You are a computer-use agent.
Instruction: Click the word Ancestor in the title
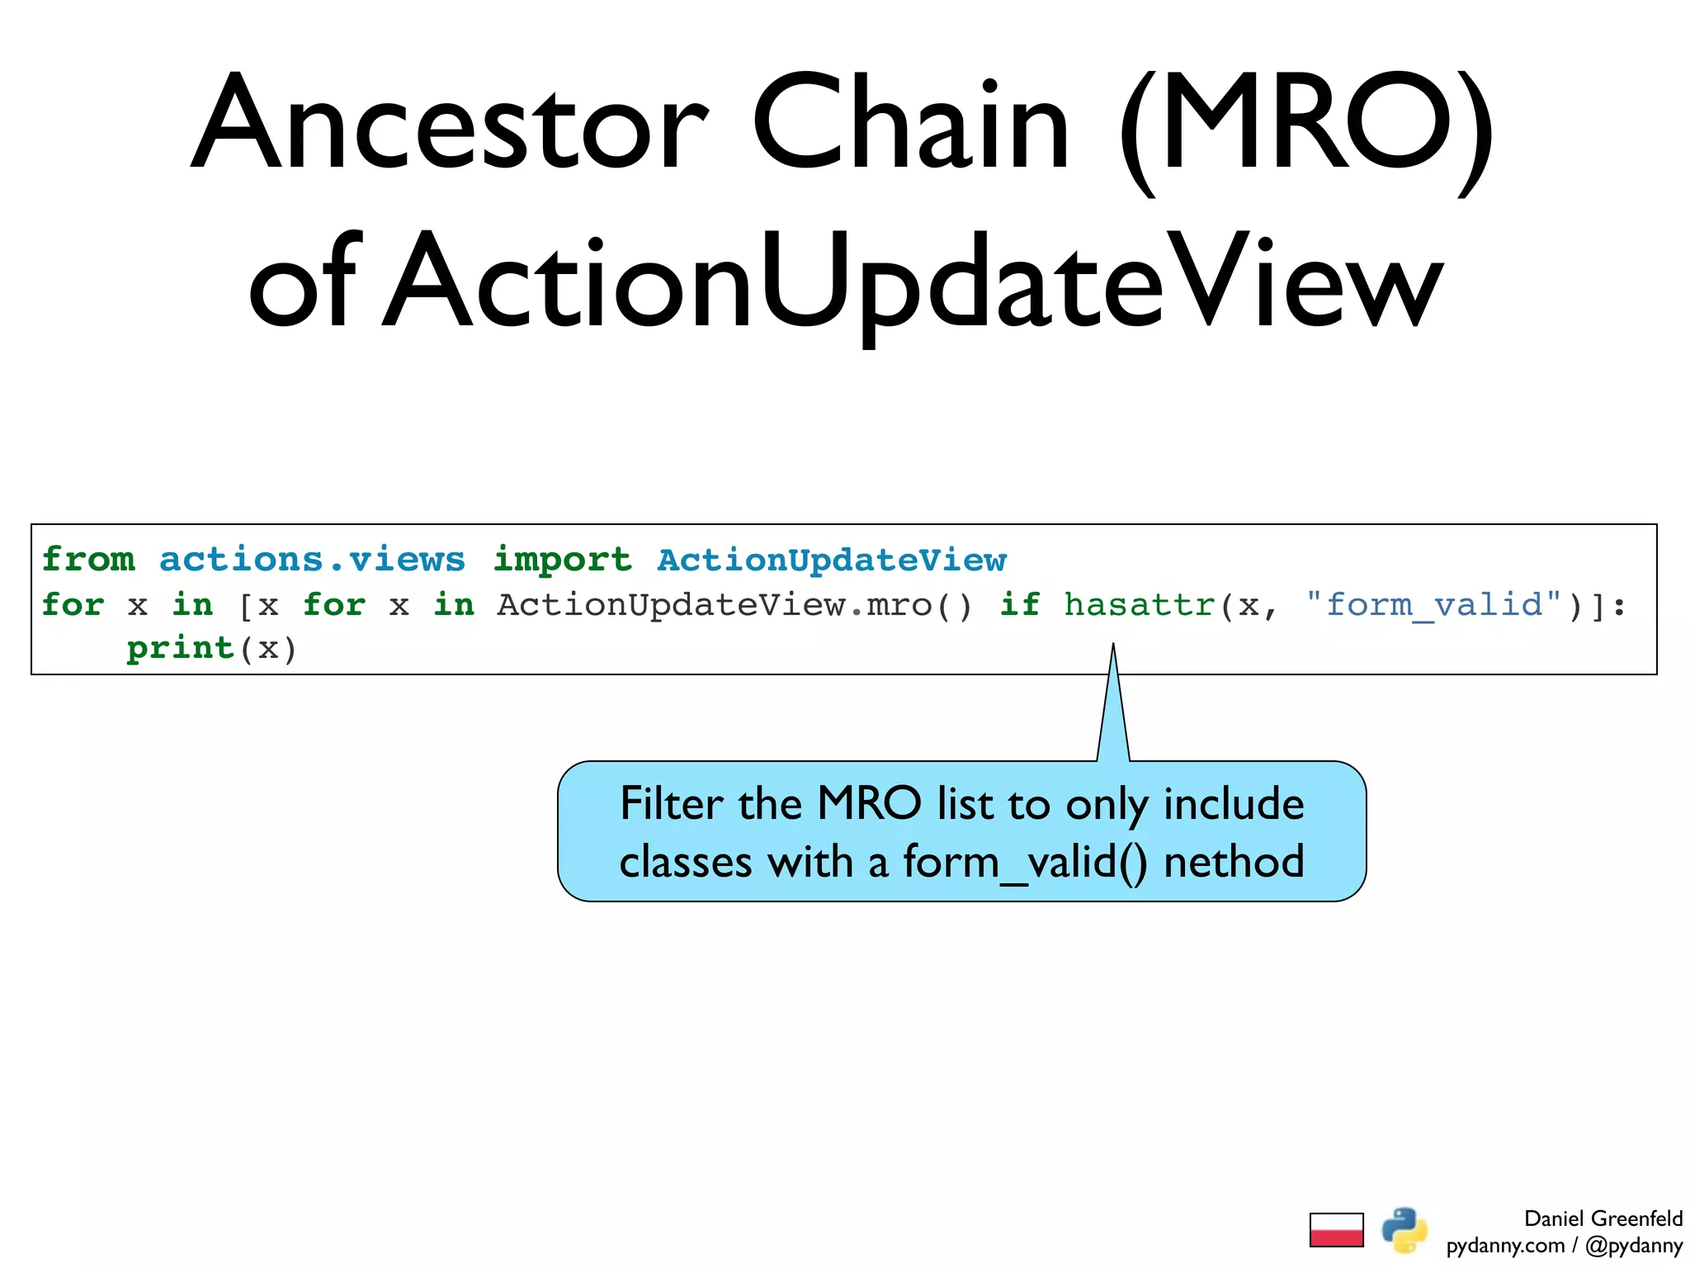pyautogui.click(x=450, y=124)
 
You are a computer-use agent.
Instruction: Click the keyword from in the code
pyautogui.click(x=88, y=560)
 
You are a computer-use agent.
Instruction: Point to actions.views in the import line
pyautogui.click(x=312, y=560)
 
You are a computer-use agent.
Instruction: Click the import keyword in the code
pyautogui.click(x=562, y=560)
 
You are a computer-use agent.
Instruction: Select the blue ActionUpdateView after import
pyautogui.click(x=832, y=560)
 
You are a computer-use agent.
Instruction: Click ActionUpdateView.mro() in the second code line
pyautogui.click(x=734, y=605)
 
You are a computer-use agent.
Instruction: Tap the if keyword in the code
pyautogui.click(x=1020, y=605)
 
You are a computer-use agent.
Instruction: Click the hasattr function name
pyautogui.click(x=1140, y=605)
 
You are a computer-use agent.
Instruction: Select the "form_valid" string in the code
pyautogui.click(x=1433, y=605)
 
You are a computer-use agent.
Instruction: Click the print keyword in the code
pyautogui.click(x=181, y=648)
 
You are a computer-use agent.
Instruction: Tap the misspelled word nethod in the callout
pyautogui.click(x=1234, y=862)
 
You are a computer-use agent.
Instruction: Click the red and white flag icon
pyautogui.click(x=1336, y=1230)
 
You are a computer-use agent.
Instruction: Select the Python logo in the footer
pyautogui.click(x=1404, y=1230)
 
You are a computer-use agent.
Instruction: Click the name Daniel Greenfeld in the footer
pyautogui.click(x=1603, y=1218)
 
